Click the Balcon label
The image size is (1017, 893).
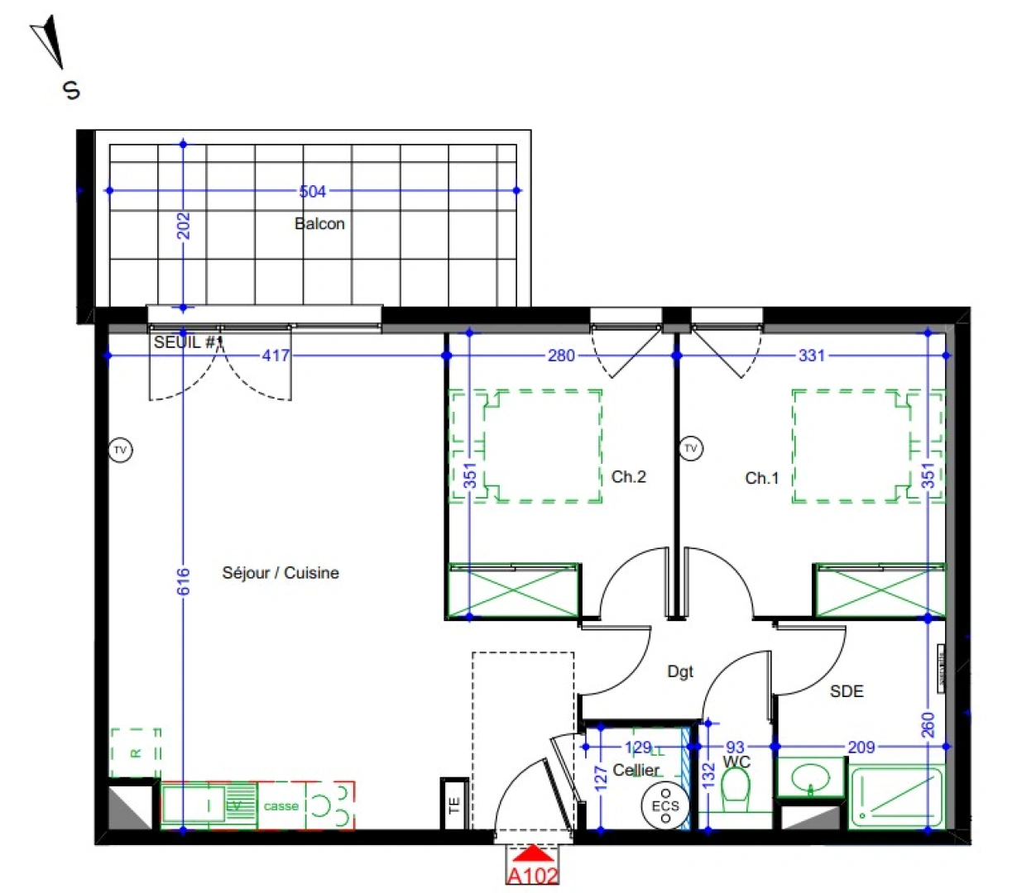click(319, 223)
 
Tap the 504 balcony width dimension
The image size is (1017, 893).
click(313, 192)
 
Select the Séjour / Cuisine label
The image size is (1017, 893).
click(281, 572)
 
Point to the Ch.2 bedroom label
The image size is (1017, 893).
click(628, 476)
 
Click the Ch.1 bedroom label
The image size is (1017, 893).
click(761, 478)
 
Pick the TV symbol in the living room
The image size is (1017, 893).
click(121, 451)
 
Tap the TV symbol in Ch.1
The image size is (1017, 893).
click(691, 449)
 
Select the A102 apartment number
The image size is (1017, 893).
click(532, 876)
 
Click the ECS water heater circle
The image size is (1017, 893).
click(664, 805)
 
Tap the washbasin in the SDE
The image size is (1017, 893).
click(811, 778)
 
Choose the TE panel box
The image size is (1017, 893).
click(454, 805)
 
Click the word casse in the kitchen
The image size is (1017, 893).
click(281, 805)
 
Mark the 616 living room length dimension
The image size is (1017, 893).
click(184, 581)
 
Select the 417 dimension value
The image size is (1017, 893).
click(276, 356)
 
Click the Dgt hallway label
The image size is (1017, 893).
click(680, 672)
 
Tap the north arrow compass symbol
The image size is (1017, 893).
click(49, 46)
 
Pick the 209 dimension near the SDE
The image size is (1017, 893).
click(861, 747)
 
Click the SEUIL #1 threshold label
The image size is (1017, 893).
click(188, 341)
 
